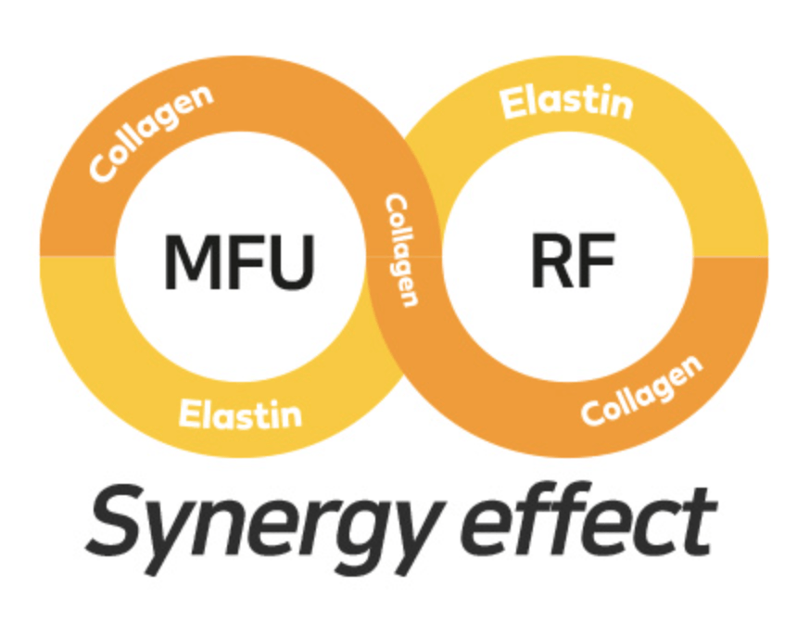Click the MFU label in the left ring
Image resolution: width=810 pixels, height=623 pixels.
coord(239,261)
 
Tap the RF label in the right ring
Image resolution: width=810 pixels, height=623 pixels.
coord(572,261)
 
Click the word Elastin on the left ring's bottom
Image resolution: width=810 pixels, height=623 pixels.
coord(240,411)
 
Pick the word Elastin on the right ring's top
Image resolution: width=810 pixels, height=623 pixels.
coord(566,102)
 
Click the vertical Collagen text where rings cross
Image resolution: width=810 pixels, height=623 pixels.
coord(400,249)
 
